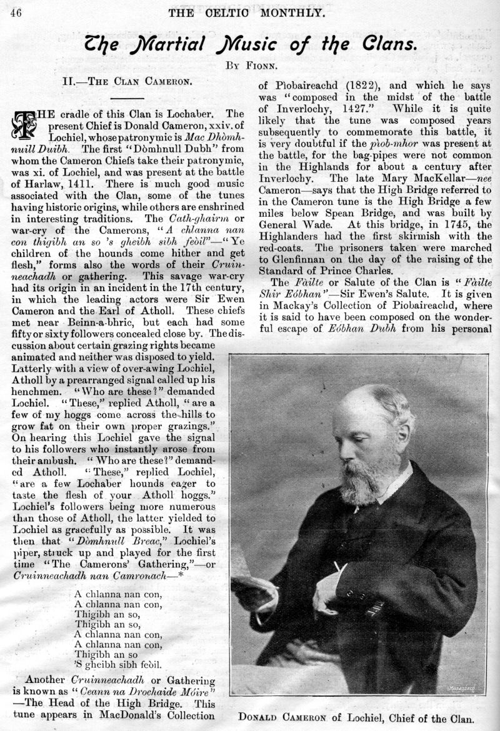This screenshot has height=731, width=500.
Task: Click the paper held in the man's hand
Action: click(x=252, y=584)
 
